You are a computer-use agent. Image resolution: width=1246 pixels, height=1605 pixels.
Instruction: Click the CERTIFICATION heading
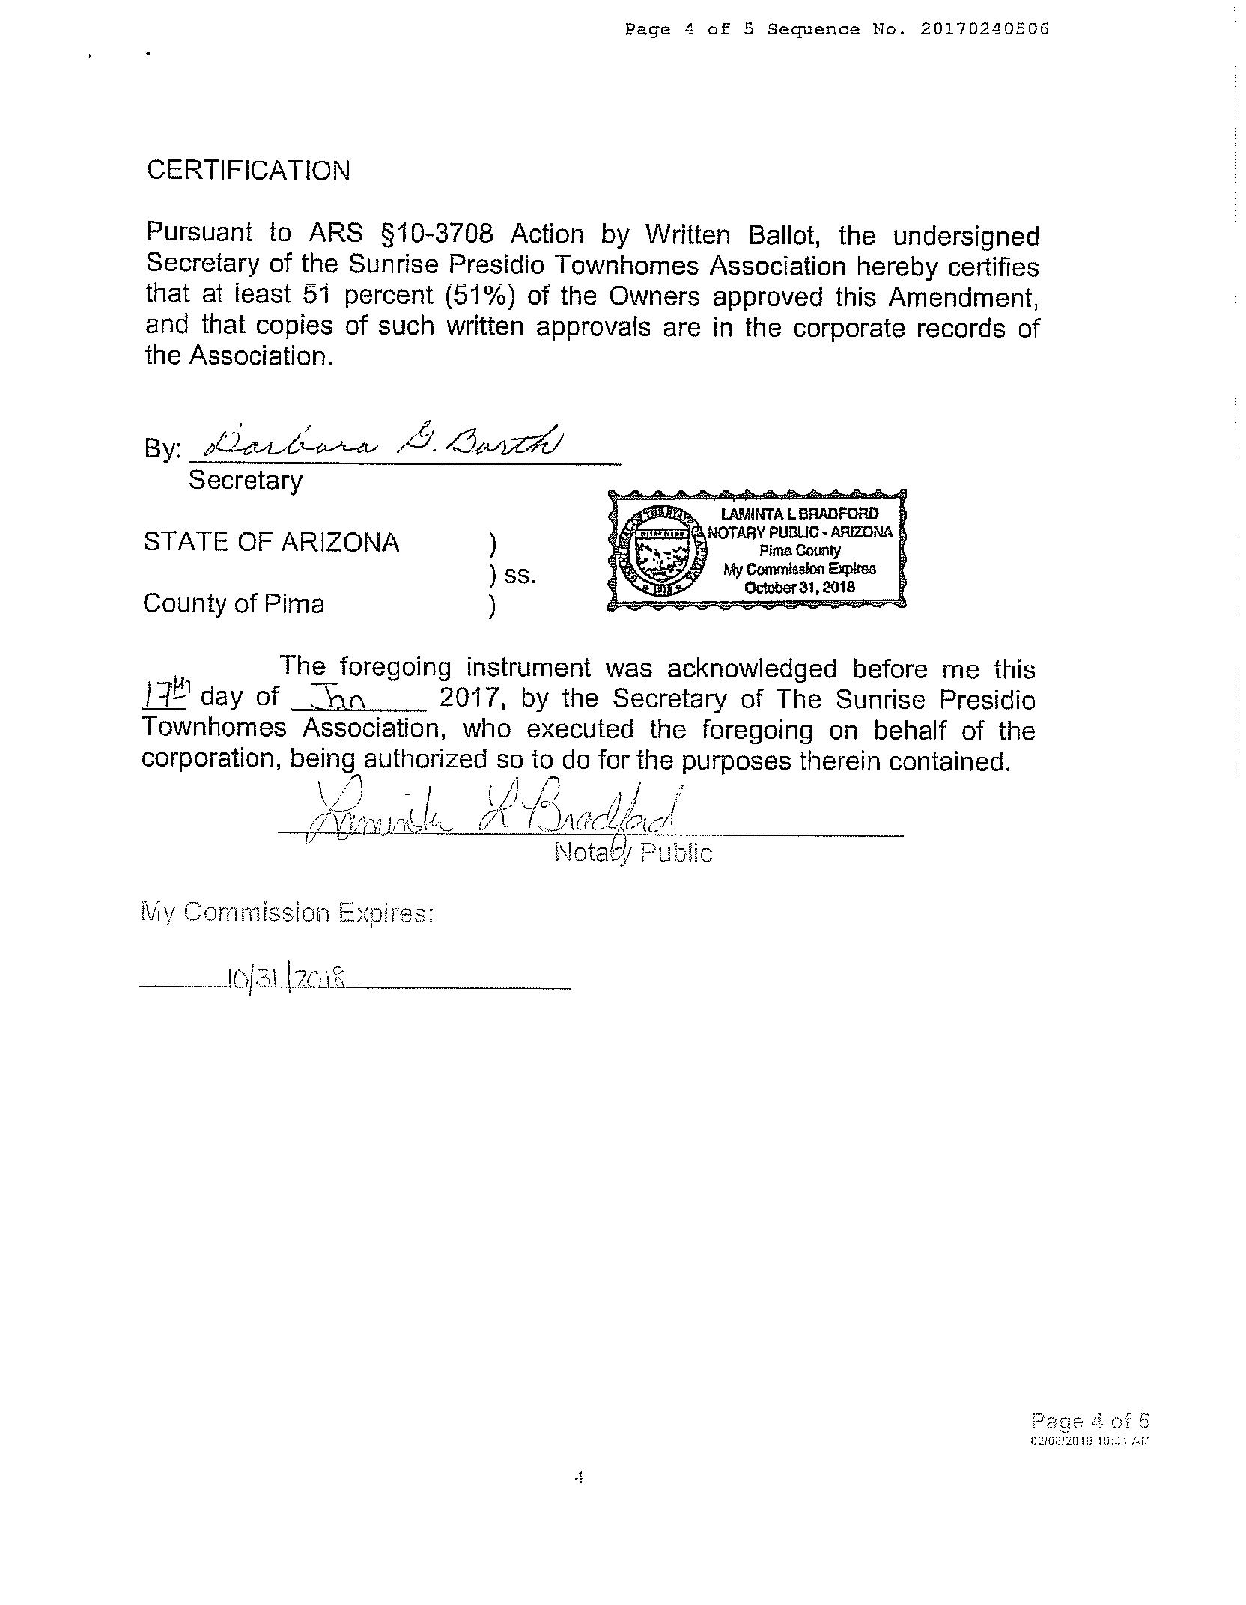248,171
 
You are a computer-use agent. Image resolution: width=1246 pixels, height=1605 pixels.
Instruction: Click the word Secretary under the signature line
246,480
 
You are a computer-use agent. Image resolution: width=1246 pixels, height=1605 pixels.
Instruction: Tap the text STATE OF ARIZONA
271,542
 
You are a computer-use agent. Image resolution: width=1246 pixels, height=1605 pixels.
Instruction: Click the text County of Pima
234,603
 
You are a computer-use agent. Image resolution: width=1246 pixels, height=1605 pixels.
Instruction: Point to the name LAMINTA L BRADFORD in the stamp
799,514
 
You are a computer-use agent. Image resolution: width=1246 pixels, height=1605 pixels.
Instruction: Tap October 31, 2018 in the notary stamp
799,587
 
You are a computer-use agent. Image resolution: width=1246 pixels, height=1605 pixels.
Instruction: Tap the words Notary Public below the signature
633,852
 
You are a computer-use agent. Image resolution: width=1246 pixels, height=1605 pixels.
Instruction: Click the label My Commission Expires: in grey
287,913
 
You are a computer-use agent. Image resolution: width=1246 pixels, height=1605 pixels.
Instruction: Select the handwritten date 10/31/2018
286,977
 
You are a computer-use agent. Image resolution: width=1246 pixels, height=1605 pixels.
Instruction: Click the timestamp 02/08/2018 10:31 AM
1090,1440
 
